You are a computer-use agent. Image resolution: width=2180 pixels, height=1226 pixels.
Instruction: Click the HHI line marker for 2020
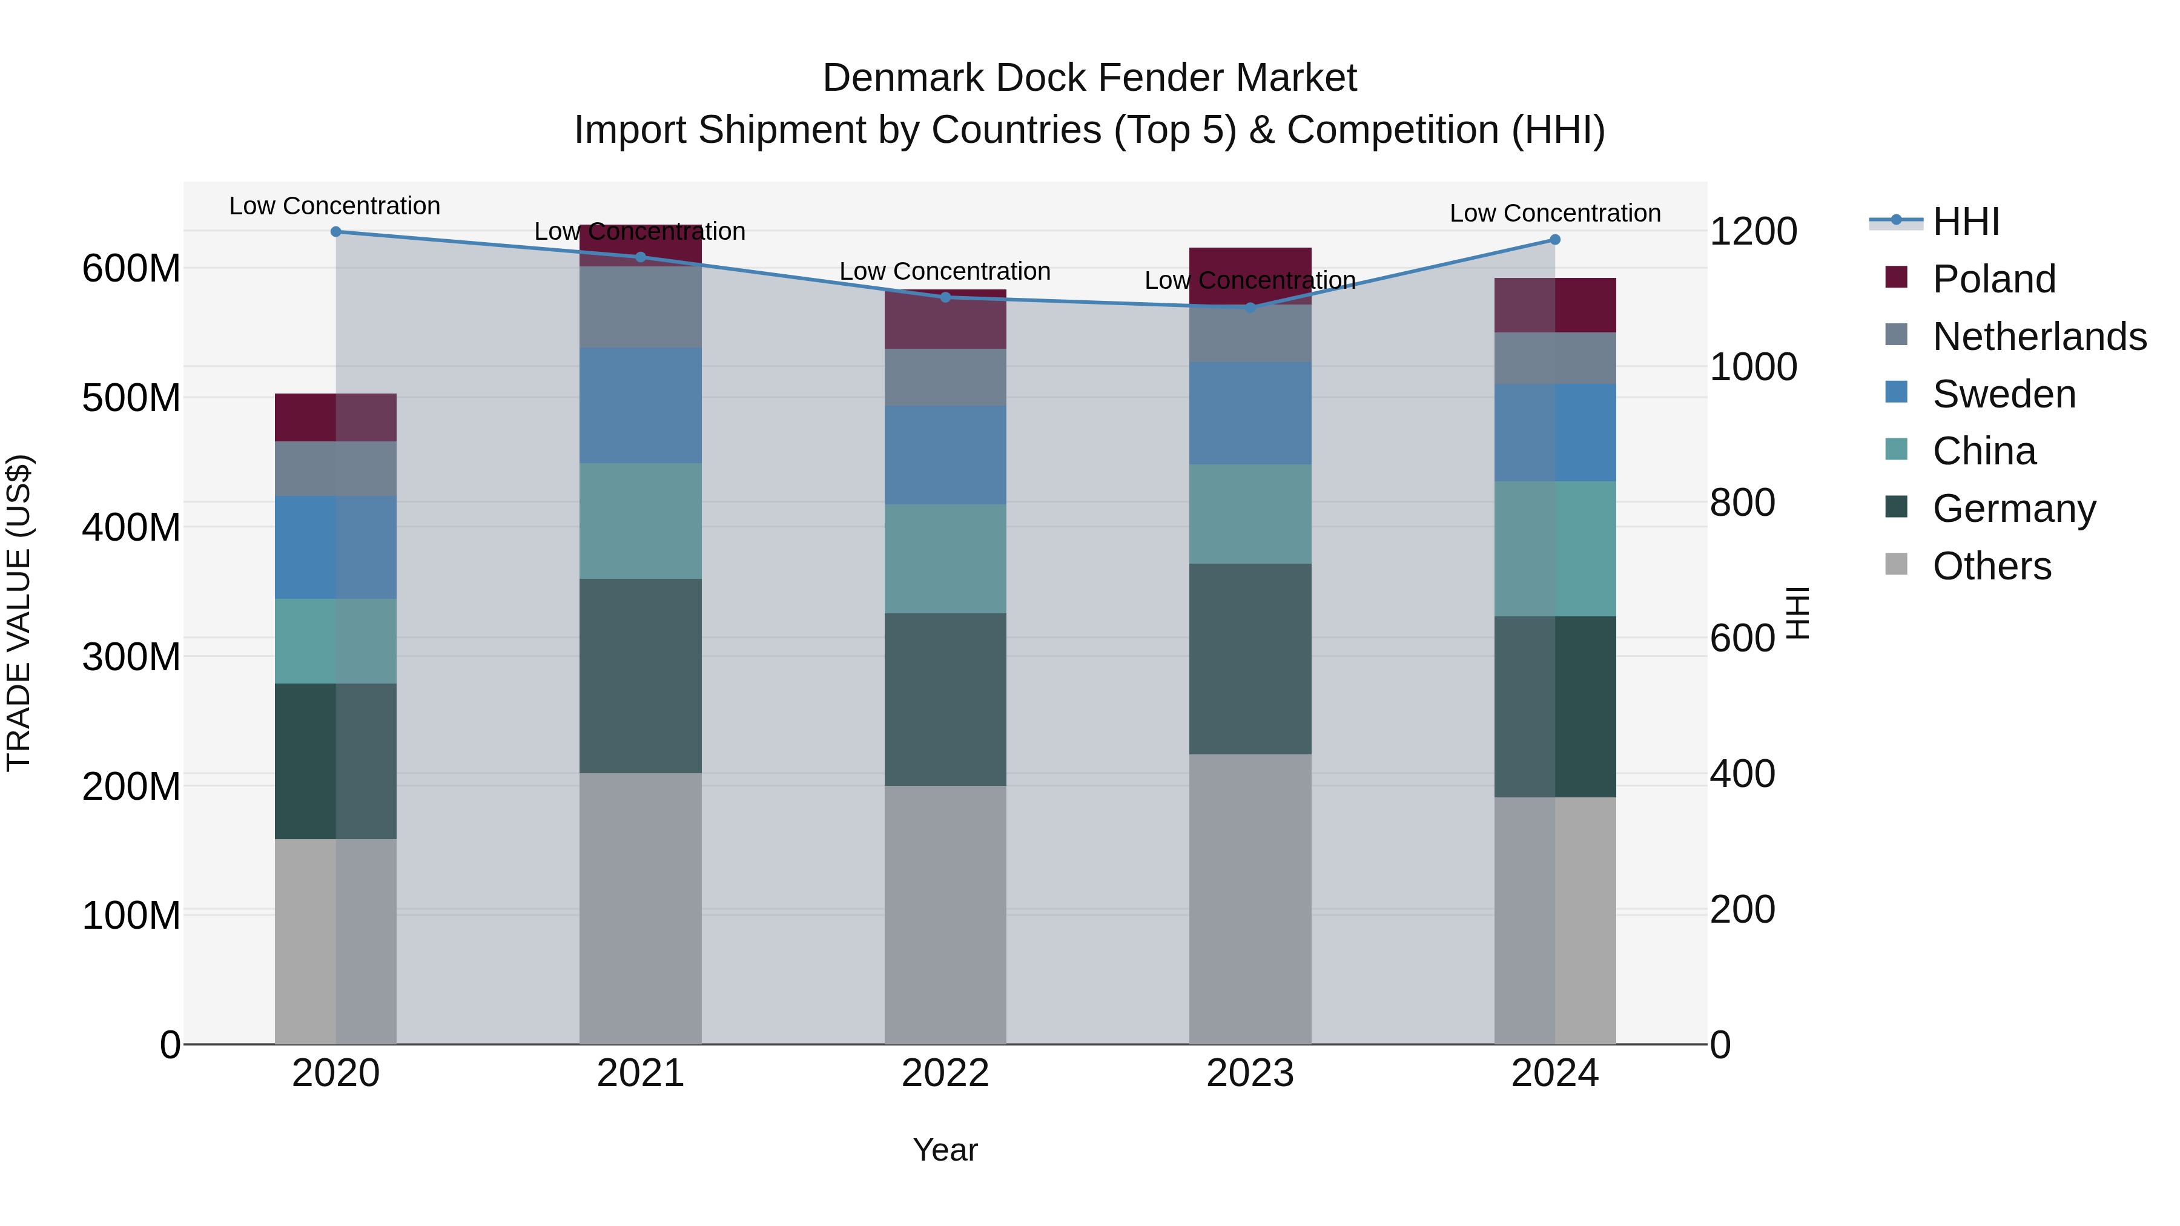[336, 231]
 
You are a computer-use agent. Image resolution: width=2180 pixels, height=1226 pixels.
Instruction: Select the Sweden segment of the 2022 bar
[945, 455]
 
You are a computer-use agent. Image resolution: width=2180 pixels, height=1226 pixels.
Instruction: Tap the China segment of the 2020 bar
[336, 641]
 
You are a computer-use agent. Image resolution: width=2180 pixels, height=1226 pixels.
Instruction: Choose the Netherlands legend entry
[2039, 337]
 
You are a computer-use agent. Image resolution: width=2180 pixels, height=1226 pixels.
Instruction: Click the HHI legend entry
[1965, 222]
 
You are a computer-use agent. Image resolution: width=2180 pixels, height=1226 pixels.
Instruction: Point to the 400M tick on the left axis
[131, 527]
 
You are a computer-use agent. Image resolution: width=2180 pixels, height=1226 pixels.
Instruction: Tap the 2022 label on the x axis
[945, 1073]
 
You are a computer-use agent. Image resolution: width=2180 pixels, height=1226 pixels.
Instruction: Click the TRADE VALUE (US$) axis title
[19, 613]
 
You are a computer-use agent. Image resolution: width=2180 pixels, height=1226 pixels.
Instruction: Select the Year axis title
[945, 1150]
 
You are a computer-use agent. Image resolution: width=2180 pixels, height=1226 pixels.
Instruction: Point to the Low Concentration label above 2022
[945, 272]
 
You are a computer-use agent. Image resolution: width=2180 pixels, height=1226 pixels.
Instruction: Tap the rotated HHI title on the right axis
[1797, 613]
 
